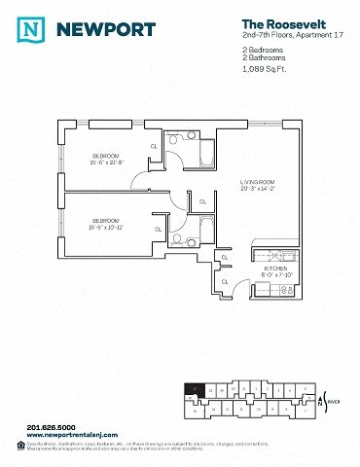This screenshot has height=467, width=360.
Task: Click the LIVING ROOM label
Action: coord(261,183)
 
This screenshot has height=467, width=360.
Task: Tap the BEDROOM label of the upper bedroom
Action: coord(105,156)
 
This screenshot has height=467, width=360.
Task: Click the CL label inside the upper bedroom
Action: coord(154,146)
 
